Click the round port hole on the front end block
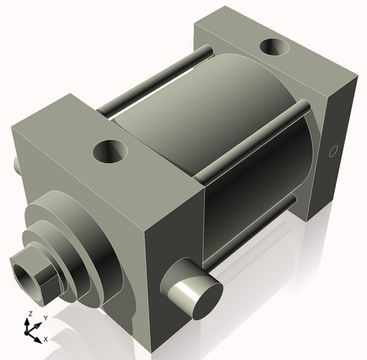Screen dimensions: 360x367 point(110,154)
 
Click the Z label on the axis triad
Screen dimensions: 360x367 point(29,314)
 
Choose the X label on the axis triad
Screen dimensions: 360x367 point(46,339)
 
